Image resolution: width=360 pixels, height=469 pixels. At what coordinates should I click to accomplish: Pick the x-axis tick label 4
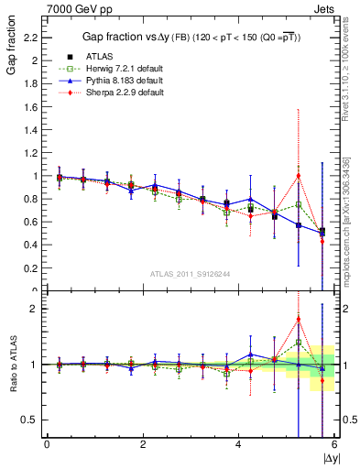[x=239, y=444]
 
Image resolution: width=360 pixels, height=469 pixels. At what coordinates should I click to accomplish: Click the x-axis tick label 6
[x=334, y=444]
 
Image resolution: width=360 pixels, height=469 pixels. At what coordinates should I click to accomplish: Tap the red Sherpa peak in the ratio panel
[x=298, y=319]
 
